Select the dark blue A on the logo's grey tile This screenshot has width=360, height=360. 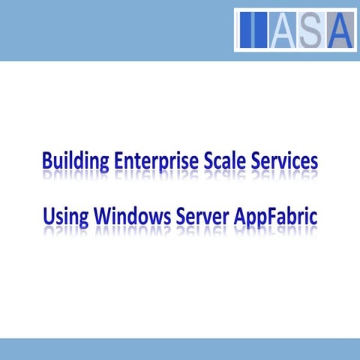pyautogui.click(x=338, y=30)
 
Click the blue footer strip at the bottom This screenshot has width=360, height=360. pyautogui.click(x=180, y=349)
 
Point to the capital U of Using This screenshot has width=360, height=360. pyautogui.click(x=48, y=215)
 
